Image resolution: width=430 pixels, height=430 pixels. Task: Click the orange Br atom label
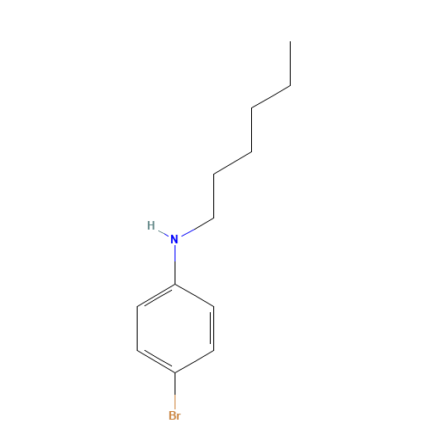click(175, 415)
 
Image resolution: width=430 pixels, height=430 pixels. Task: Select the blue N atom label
click(175, 239)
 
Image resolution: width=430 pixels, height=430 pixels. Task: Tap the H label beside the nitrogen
click(151, 225)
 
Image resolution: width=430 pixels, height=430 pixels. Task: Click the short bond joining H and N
click(163, 232)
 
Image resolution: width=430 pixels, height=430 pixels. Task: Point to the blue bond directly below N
click(175, 255)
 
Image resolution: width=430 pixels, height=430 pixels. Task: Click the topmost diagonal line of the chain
click(270, 97)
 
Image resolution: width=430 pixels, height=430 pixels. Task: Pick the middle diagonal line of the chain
click(232, 163)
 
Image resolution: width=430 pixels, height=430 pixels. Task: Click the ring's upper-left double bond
click(156, 295)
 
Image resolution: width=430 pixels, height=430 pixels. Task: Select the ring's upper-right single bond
click(194, 295)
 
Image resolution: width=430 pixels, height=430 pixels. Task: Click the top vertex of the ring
click(175, 284)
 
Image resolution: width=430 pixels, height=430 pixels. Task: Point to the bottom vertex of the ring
click(175, 372)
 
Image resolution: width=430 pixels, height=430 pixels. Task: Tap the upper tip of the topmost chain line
click(289, 86)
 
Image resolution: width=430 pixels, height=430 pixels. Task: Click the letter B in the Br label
click(171, 415)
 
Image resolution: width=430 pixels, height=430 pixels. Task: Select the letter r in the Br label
click(179, 416)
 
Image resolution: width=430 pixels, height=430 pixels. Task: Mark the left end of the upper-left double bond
click(138, 305)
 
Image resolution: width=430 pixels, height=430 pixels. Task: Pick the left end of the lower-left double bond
click(138, 350)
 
